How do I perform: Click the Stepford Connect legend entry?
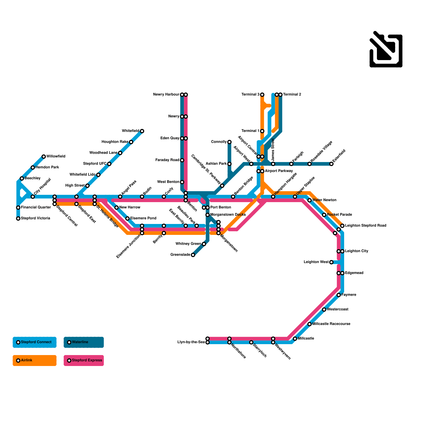[34, 342]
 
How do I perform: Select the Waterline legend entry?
[84, 342]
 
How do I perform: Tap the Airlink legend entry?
[34, 361]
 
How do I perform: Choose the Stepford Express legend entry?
[84, 361]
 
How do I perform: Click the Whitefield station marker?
[142, 131]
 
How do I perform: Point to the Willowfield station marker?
[44, 157]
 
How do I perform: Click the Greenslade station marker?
[193, 255]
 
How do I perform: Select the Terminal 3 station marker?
[262, 95]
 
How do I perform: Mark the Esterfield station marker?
[331, 164]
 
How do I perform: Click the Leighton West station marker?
[331, 262]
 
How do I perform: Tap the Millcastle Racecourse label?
[331, 324]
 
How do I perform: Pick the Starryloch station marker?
[251, 342]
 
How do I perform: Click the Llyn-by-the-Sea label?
[191, 342]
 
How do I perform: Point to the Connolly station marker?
[229, 142]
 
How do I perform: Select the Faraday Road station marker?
[182, 160]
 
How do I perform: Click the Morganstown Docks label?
[228, 215]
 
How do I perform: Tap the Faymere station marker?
[339, 295]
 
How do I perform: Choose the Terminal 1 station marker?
[262, 131]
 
